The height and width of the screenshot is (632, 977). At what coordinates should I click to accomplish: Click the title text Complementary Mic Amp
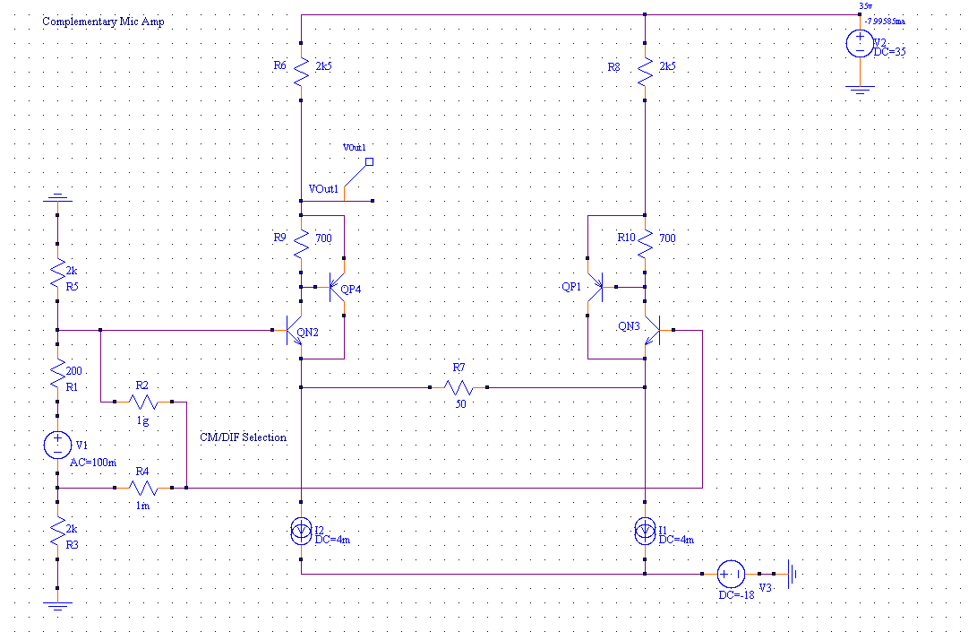tap(103, 22)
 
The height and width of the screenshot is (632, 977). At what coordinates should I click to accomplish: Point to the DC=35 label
tap(889, 52)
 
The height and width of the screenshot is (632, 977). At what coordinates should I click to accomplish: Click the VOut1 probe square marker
tap(369, 162)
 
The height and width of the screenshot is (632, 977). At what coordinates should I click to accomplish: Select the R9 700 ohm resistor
tap(301, 240)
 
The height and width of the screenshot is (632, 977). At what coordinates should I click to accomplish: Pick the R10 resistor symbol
tap(644, 240)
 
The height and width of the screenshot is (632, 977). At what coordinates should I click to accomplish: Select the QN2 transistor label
tap(307, 333)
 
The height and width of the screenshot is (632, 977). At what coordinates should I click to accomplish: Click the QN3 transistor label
tap(629, 327)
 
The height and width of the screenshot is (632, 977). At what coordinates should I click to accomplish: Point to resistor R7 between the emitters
tap(459, 387)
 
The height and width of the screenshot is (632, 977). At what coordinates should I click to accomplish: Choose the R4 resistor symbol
tap(142, 488)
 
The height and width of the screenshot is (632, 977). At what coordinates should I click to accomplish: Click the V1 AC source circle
tap(56, 443)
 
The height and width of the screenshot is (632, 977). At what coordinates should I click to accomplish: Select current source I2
tap(301, 531)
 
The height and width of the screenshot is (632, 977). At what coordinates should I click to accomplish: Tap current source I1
tap(644, 531)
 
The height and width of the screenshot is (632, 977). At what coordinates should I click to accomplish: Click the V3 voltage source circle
tap(730, 574)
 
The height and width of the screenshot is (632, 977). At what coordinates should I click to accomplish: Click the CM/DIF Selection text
tap(244, 437)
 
